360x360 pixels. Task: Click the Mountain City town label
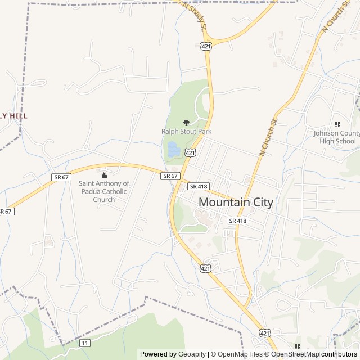pos(236,202)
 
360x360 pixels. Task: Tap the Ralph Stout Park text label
pos(186,132)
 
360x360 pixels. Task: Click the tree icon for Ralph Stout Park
pos(186,122)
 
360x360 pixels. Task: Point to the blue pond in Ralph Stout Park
pos(173,150)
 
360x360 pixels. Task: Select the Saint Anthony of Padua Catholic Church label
pos(103,191)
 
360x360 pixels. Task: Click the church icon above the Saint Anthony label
pos(103,175)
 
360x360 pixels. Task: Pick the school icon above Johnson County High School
pos(337,124)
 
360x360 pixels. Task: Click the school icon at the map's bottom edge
pos(298,346)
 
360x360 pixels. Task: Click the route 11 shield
pos(85,343)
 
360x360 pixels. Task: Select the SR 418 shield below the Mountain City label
pos(238,220)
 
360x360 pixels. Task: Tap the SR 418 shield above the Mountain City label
pos(198,186)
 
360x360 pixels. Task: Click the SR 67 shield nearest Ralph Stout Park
pos(170,176)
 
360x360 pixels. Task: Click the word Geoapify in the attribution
pos(192,354)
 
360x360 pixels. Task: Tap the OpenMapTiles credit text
pos(240,354)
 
